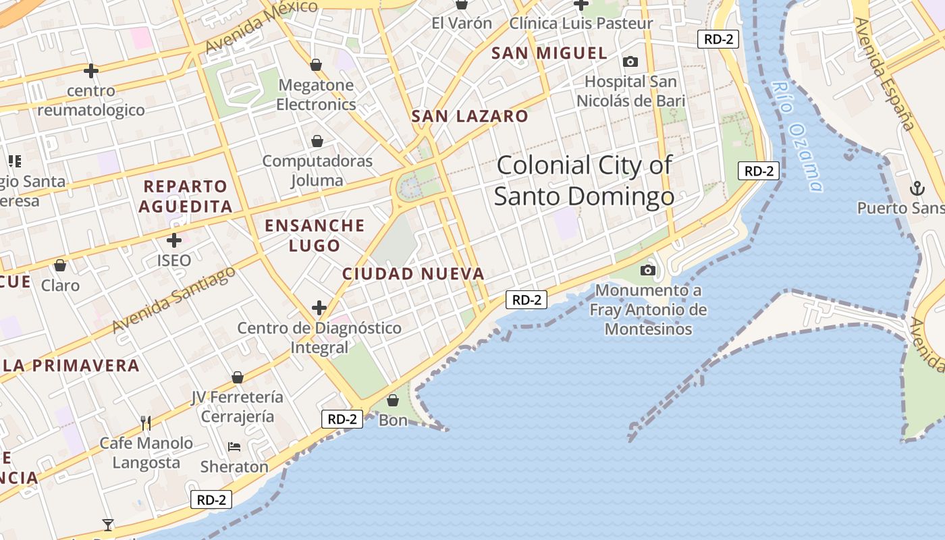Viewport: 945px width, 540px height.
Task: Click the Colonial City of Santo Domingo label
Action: (584, 180)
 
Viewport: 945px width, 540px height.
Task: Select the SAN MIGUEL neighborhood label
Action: (549, 53)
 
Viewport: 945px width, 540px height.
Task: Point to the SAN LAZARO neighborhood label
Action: (470, 116)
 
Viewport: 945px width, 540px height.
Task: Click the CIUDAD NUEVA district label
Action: (413, 274)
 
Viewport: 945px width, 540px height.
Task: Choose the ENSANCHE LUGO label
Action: (315, 235)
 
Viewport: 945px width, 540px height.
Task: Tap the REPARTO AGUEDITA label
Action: (186, 196)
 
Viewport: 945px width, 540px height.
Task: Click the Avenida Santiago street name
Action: (174, 299)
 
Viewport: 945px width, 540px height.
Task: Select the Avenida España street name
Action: (884, 74)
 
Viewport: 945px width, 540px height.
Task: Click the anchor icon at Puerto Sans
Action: (917, 188)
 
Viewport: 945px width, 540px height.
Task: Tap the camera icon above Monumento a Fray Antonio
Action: (648, 271)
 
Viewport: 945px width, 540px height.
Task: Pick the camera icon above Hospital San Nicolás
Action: (630, 62)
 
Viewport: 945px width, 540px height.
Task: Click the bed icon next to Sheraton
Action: (234, 447)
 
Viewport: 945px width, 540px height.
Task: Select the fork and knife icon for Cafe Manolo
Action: (146, 423)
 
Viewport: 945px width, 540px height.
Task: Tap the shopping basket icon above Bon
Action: (393, 401)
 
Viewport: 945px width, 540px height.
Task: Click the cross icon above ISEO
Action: (174, 240)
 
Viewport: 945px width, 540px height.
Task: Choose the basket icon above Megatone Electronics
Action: (316, 65)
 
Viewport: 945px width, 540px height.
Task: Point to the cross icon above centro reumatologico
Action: (91, 70)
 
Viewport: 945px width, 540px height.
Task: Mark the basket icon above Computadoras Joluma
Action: (317, 141)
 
